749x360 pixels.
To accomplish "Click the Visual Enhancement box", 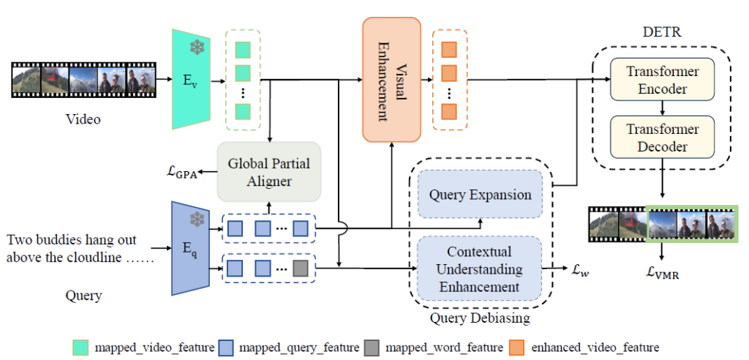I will point(391,79).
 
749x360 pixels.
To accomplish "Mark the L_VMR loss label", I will point(662,271).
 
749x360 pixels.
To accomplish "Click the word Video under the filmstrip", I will point(83,119).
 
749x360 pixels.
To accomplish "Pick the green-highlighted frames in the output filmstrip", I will point(691,223).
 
